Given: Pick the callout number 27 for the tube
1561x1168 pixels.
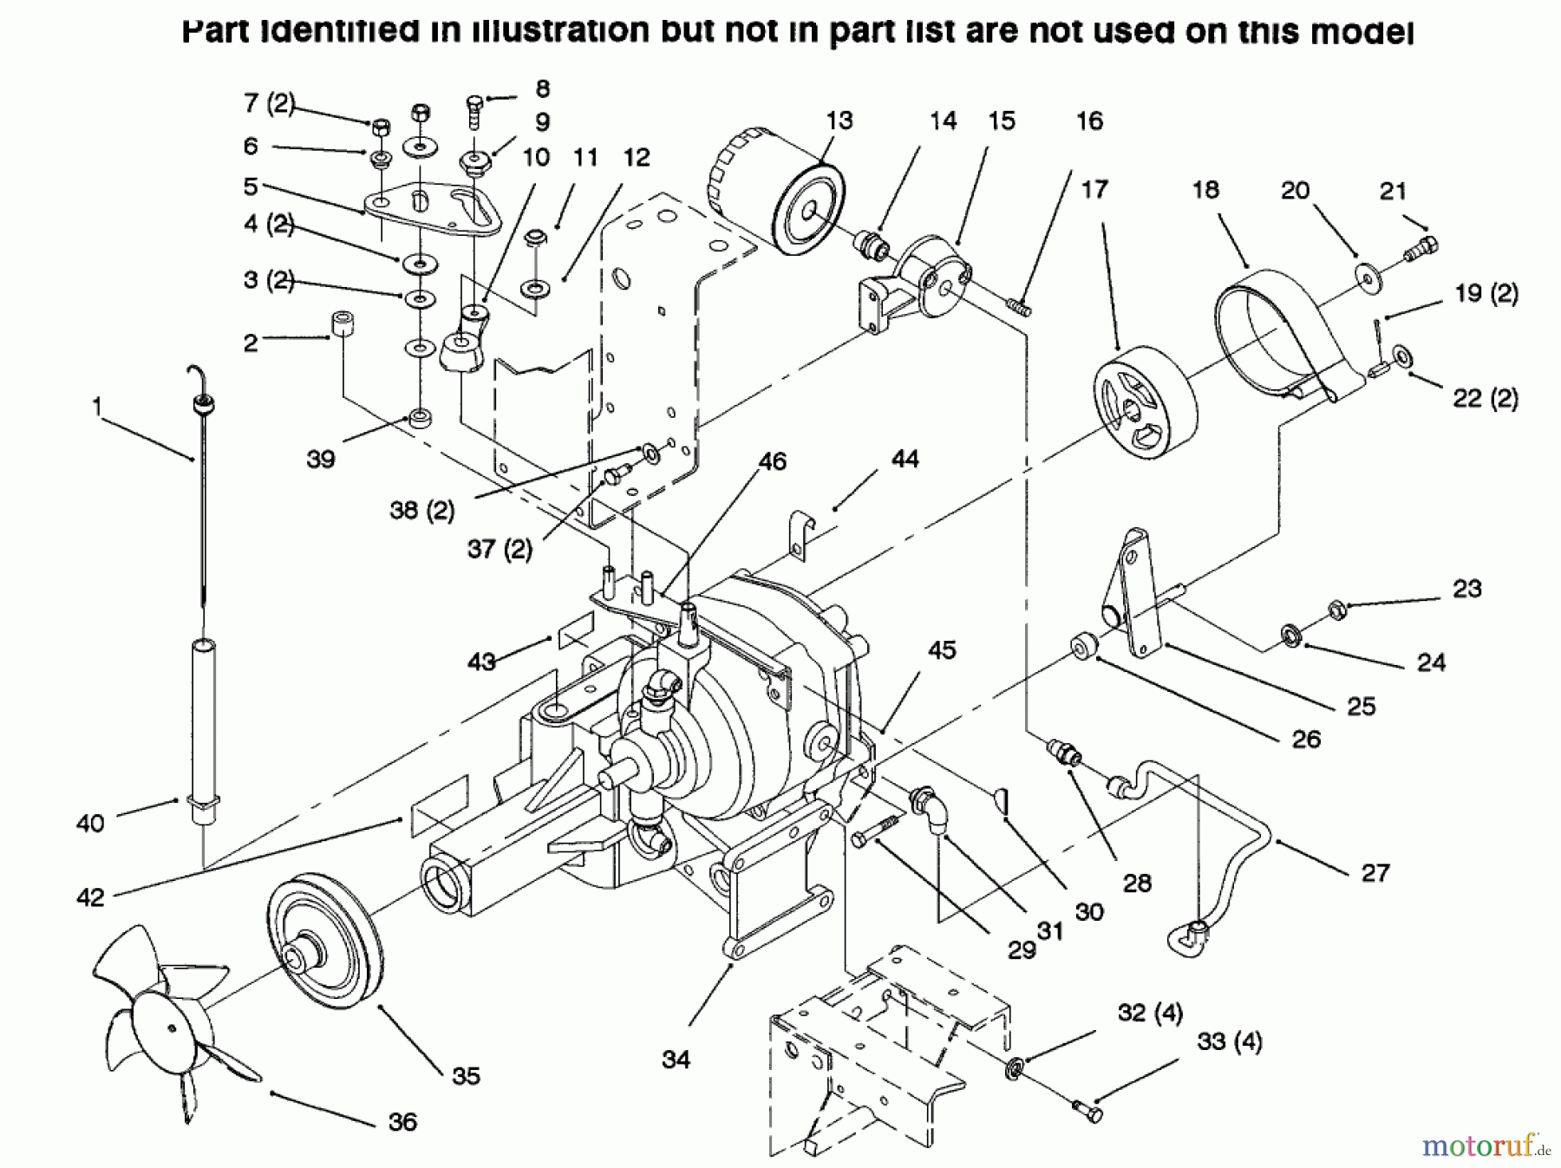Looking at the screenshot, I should coord(1375,872).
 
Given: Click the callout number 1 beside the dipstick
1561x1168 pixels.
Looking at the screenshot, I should coord(97,404).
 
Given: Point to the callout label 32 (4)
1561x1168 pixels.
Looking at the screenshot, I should coord(1150,1013).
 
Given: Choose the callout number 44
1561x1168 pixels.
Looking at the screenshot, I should coord(905,459).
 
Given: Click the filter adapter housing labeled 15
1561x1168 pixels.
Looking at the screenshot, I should coord(932,277).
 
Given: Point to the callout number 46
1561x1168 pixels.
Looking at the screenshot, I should coord(772,461).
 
